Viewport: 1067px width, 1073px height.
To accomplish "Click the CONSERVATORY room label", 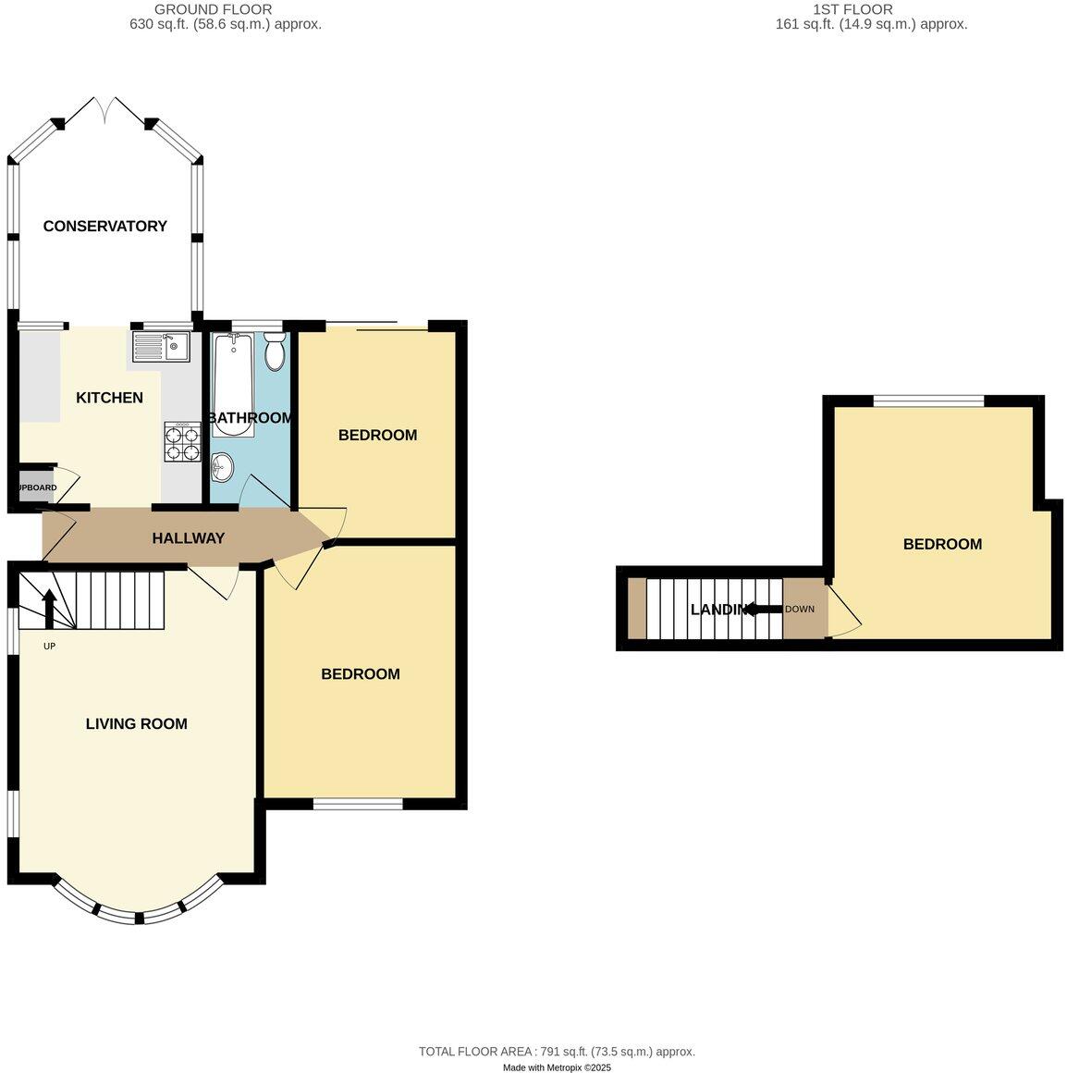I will tap(104, 226).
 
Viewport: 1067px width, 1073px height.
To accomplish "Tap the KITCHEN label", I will tap(109, 398).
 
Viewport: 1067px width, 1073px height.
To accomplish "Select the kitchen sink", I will tap(162, 347).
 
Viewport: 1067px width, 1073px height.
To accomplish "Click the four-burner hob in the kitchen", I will tap(182, 442).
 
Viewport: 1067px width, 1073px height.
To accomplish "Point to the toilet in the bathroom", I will tap(275, 352).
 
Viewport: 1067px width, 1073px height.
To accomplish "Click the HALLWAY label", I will tap(188, 537).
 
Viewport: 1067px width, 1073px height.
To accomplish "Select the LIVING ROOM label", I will tap(136, 723).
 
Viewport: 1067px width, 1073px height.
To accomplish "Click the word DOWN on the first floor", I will tap(800, 609).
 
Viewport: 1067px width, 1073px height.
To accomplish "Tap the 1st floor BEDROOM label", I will tap(942, 544).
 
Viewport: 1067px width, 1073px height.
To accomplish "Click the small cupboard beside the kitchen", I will tap(35, 487).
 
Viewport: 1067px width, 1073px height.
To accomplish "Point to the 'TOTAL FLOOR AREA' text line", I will tap(557, 1051).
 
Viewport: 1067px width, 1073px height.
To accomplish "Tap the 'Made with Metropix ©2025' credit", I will tap(557, 1067).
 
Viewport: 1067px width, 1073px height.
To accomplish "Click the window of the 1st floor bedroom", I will tap(928, 401).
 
